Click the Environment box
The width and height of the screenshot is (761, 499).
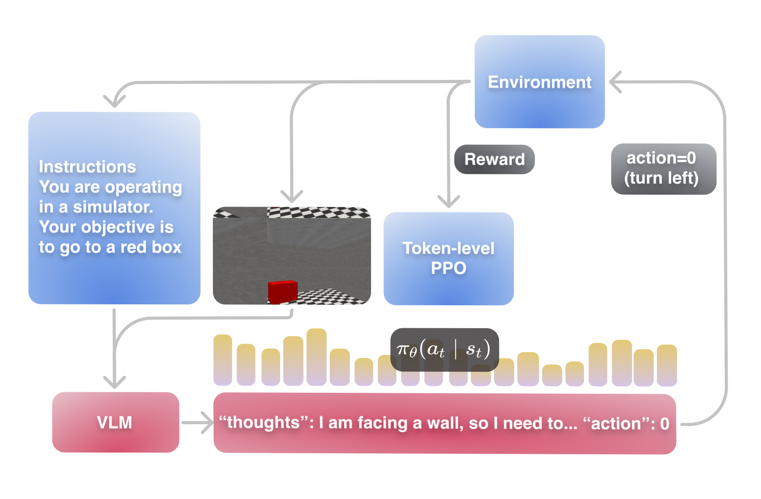[x=539, y=82]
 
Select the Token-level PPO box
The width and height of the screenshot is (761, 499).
[x=448, y=258]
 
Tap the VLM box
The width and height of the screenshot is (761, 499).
[x=115, y=423]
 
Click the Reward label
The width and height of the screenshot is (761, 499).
[x=494, y=159]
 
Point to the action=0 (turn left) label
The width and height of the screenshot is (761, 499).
[x=663, y=168]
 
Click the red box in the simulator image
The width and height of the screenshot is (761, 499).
[x=283, y=291]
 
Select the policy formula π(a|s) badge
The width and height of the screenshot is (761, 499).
[x=444, y=350]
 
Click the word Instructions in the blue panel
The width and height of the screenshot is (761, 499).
[x=87, y=167]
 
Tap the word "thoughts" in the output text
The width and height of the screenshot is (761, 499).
[x=263, y=423]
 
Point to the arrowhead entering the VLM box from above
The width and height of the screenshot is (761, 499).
[x=115, y=382]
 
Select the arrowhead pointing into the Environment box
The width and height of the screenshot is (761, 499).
[x=616, y=82]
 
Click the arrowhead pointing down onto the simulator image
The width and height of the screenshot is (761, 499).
[x=292, y=196]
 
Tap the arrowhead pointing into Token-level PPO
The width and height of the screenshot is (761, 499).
[x=448, y=201]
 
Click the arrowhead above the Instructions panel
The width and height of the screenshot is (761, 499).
[x=115, y=101]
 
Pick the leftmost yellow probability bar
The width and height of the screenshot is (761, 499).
[x=223, y=360]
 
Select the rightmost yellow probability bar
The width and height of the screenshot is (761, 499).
[x=667, y=365]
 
